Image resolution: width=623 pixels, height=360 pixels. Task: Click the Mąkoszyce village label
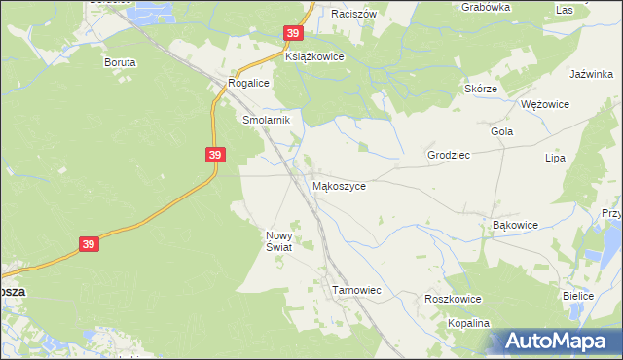tap(339, 186)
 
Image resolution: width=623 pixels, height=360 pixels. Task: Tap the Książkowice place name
tap(314, 57)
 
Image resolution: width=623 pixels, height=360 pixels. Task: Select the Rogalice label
tap(248, 84)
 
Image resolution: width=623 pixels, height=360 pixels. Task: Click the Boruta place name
tap(120, 61)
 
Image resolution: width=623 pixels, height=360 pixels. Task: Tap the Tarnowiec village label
tap(356, 290)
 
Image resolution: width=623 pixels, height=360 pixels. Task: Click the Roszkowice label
tap(449, 300)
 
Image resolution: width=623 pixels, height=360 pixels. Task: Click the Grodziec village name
tap(449, 155)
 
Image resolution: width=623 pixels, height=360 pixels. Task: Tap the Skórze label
tap(481, 89)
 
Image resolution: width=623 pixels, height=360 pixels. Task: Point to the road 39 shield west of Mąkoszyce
tap(215, 155)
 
